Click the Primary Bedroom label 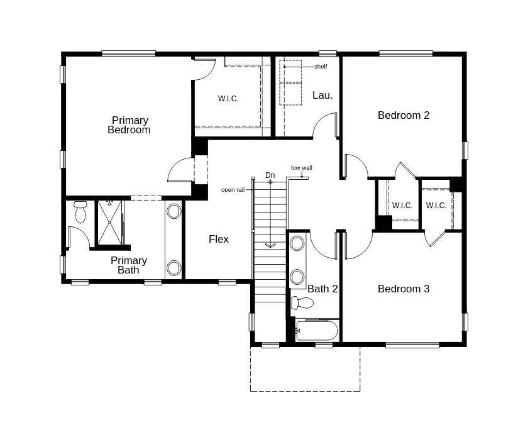tap(129, 125)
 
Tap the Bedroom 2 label tap(403, 115)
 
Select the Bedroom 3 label tap(403, 289)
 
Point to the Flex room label tap(219, 240)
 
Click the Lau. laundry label tap(322, 96)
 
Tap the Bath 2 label tap(322, 289)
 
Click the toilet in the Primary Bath tap(80, 212)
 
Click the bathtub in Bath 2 tap(317, 331)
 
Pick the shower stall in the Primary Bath tap(109, 221)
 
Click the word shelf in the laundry tap(321, 67)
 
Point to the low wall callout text tap(302, 168)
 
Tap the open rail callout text tap(233, 190)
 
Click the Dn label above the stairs tap(270, 175)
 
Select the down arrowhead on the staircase tap(270, 245)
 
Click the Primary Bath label tap(129, 265)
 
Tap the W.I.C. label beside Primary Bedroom tap(228, 99)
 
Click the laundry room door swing tap(326, 124)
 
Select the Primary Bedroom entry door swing tap(180, 169)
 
